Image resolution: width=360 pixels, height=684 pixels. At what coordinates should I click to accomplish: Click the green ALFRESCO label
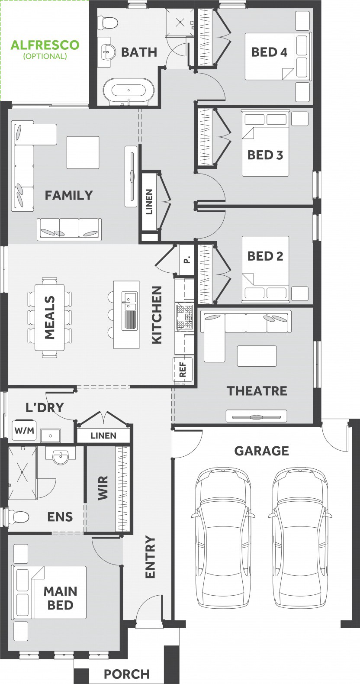[x=45, y=45]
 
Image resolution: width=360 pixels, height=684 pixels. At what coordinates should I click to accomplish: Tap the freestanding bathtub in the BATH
[x=129, y=90]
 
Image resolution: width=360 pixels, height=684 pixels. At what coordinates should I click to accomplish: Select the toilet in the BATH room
[x=108, y=22]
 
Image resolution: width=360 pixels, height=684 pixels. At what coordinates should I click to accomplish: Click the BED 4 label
[x=269, y=52]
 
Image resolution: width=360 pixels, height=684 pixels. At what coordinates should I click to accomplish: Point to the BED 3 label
[x=265, y=155]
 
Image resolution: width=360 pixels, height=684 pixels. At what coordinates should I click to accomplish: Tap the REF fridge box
[x=183, y=369]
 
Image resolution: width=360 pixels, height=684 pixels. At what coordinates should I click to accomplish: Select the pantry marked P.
[x=187, y=259]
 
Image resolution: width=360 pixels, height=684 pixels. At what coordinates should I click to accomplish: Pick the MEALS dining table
[x=50, y=317]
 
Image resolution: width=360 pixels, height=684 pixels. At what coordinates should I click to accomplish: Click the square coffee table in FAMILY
[x=83, y=152]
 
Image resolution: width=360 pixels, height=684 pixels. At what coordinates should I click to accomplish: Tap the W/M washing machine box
[x=24, y=431]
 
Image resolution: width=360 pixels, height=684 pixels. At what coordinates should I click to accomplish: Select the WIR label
[x=103, y=487]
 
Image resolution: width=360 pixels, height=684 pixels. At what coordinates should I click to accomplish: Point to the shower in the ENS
[x=22, y=473]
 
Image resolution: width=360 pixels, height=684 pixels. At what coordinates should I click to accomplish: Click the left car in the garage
[x=223, y=537]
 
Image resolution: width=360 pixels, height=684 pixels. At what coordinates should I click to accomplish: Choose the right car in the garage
[x=301, y=537]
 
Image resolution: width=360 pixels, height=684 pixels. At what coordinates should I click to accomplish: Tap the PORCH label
[x=127, y=674]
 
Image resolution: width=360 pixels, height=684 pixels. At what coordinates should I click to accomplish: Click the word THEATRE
[x=257, y=391]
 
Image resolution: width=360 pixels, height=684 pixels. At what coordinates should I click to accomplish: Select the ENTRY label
[x=150, y=557]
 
